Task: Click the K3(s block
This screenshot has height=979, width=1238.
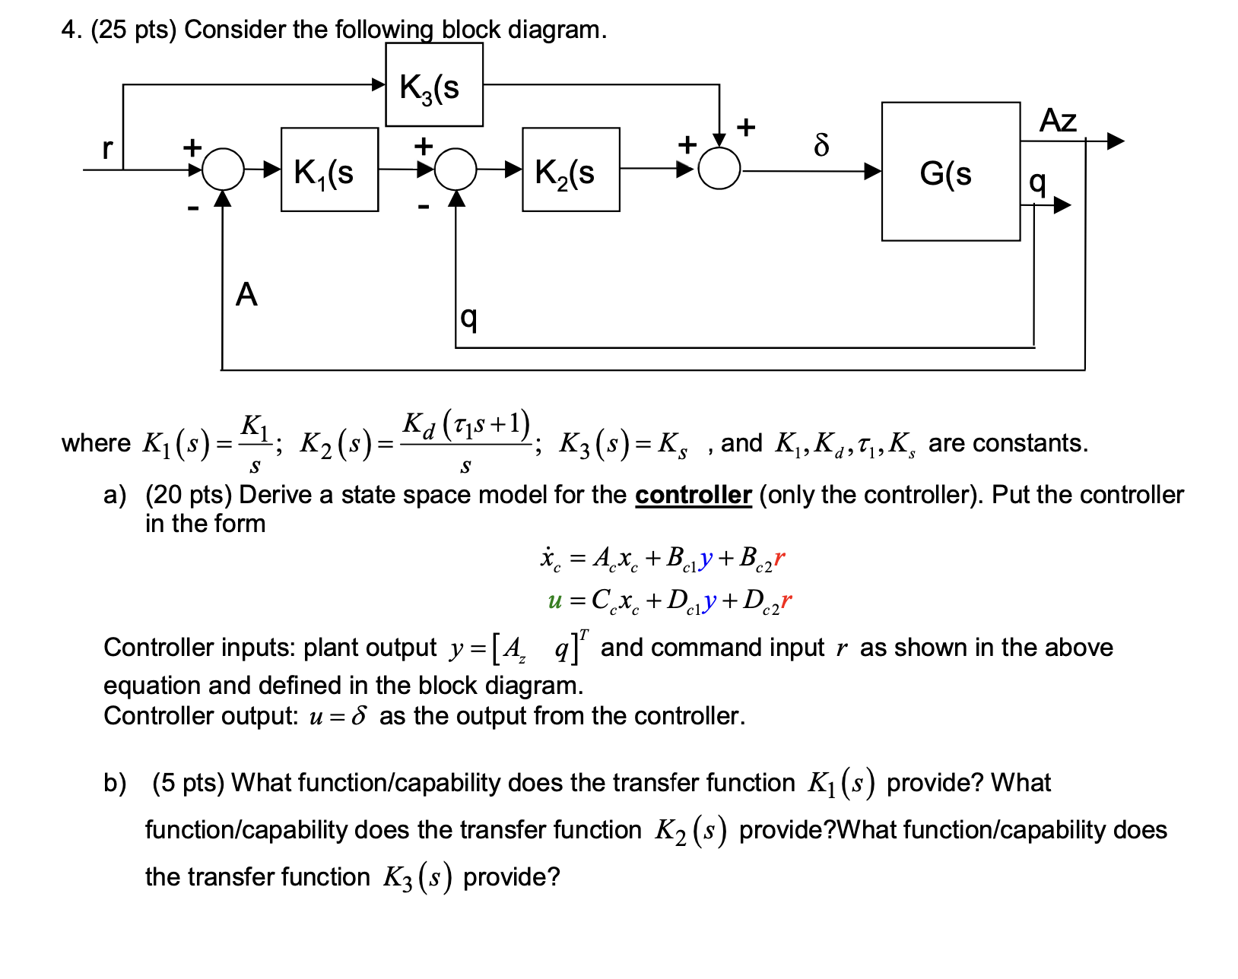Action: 433,84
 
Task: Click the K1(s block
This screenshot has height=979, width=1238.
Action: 329,170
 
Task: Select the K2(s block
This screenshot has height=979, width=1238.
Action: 570,170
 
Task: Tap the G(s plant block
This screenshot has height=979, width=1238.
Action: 950,172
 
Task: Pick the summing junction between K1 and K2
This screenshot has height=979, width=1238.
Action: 456,169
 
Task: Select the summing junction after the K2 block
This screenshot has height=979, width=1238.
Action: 719,169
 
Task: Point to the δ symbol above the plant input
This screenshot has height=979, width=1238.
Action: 821,144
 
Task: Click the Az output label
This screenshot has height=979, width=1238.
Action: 1058,121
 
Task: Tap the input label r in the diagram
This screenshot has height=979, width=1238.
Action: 108,148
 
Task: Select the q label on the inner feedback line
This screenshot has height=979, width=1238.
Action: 469,318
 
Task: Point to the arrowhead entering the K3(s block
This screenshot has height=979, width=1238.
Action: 378,84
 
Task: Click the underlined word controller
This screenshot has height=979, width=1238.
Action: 693,495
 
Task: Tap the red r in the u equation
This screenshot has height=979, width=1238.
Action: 786,600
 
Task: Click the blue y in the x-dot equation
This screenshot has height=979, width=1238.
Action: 706,559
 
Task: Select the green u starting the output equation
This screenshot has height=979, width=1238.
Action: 554,601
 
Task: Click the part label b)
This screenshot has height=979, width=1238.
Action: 115,783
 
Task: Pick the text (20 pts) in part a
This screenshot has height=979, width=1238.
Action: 189,495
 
